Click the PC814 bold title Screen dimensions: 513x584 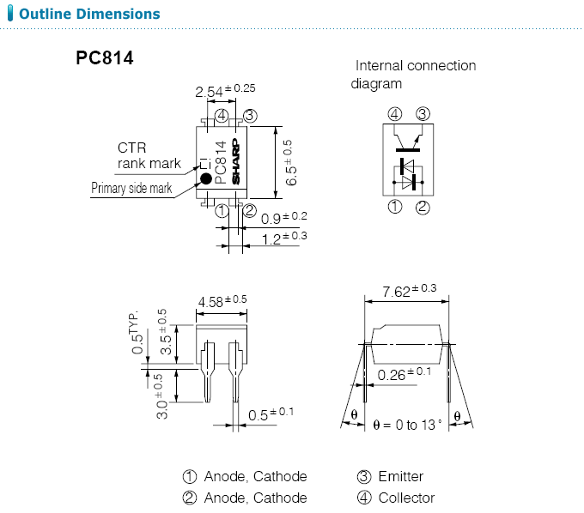point(104,59)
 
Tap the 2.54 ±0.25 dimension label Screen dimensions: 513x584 point(225,91)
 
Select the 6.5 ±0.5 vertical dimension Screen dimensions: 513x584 point(290,163)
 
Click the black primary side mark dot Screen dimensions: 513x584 point(206,178)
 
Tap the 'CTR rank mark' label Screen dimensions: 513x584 point(149,155)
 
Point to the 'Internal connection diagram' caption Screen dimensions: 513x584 point(414,75)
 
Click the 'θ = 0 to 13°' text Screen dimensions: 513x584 point(408,424)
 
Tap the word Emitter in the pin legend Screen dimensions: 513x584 point(400,476)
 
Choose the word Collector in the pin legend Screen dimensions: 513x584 point(406,498)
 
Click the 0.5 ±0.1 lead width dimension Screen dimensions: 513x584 point(271,413)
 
